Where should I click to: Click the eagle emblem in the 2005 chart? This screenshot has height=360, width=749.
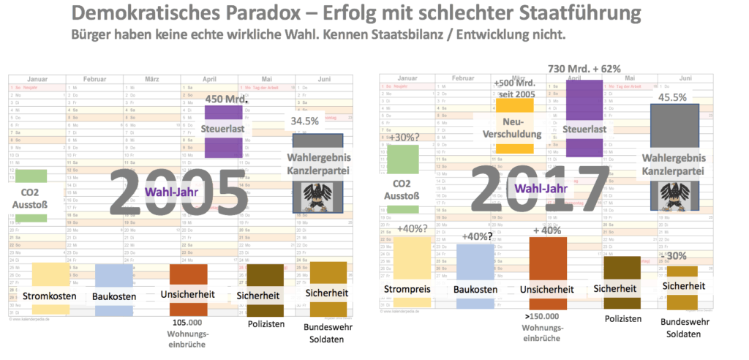click(317, 197)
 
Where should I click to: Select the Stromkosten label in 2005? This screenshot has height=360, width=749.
click(50, 296)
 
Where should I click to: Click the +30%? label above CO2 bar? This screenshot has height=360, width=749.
click(404, 138)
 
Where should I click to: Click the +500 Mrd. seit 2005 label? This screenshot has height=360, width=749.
click(515, 88)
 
